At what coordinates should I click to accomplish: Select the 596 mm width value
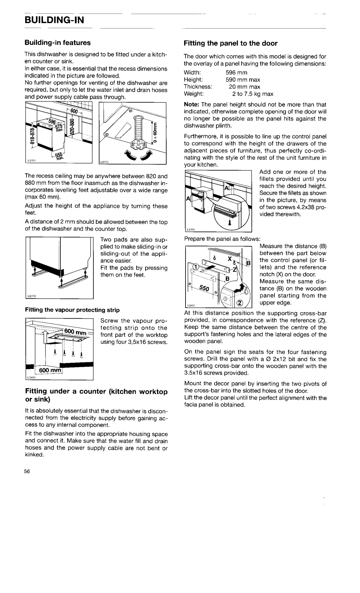pos(236,73)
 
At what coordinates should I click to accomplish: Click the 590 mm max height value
pos(243,80)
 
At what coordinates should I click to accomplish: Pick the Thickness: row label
pos(198,87)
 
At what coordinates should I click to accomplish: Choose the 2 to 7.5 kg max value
pos(253,94)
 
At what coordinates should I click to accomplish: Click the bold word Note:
pos(192,104)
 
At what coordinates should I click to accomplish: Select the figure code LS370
pos(31,296)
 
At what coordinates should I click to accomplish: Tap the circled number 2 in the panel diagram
pos(240,303)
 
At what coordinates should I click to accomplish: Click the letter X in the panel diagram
pos(230,259)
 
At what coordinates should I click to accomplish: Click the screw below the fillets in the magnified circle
pos(230,223)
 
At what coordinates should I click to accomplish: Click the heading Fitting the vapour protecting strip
pos(72,310)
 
